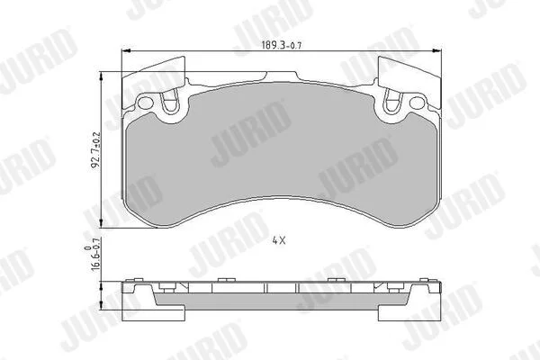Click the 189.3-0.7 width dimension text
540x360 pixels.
click(x=282, y=45)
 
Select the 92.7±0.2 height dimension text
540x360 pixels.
click(x=95, y=150)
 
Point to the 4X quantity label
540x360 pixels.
click(x=279, y=240)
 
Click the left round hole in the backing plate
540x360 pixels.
click(x=145, y=103)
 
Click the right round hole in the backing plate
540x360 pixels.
click(x=417, y=103)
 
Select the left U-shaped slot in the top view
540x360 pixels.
click(x=170, y=100)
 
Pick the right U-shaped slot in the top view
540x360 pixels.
click(x=392, y=100)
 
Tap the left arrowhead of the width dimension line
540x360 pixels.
click(x=126, y=51)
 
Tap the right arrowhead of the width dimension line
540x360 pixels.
click(x=437, y=51)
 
